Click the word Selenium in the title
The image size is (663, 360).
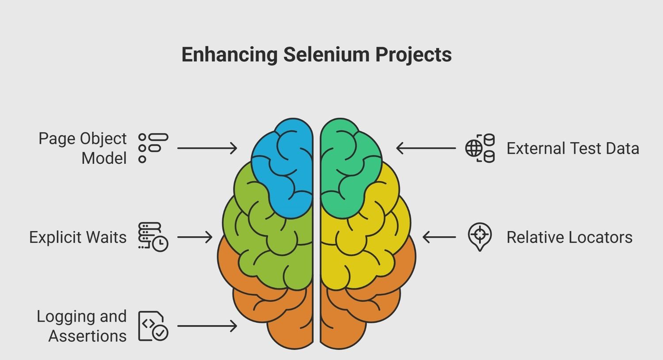pyautogui.click(x=327, y=55)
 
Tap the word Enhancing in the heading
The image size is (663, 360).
pyautogui.click(x=230, y=55)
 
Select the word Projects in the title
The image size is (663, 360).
pyautogui.click(x=413, y=55)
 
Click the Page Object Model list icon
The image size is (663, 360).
pyautogui.click(x=153, y=148)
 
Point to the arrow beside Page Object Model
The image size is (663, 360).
pyautogui.click(x=207, y=148)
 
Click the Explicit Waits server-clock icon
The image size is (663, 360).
pyautogui.click(x=153, y=237)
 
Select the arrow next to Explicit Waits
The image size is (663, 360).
pyautogui.click(x=195, y=237)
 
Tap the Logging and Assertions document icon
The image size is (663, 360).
pyautogui.click(x=153, y=326)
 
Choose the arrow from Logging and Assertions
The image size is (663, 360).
pyautogui.click(x=207, y=326)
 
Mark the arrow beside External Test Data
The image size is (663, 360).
pyautogui.click(x=426, y=148)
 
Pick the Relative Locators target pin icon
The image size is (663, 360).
pyautogui.click(x=480, y=237)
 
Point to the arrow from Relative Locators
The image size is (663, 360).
pyautogui.click(x=439, y=237)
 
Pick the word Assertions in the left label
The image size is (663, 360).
pyautogui.click(x=88, y=336)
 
